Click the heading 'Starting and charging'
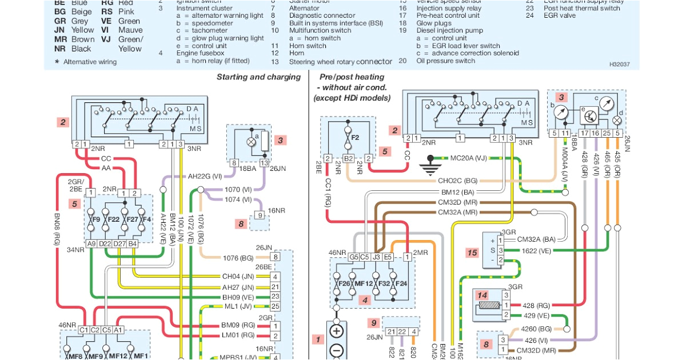258,77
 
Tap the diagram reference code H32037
619,65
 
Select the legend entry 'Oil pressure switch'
445,61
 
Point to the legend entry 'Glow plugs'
434,23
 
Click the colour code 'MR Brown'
74,39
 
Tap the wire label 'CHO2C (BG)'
457,181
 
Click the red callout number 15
472,253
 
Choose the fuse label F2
354,138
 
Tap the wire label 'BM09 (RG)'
237,325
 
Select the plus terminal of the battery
336,331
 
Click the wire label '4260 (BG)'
536,329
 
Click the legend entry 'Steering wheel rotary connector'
341,62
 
